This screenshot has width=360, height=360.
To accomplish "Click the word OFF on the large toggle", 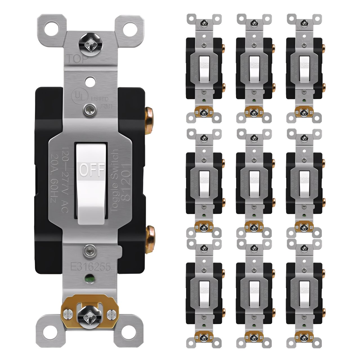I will pos(92,170).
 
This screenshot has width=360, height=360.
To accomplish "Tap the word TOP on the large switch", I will pos(77,59).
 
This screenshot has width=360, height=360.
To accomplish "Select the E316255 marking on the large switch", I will pos(90,267).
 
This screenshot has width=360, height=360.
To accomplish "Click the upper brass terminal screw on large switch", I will pos(149,120).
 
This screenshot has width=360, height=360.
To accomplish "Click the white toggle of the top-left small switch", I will pos(204,69).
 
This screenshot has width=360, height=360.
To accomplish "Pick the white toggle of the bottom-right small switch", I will pos(304,294).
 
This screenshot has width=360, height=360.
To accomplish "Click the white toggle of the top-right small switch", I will pos(304,69).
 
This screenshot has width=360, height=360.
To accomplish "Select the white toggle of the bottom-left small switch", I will pos(204,294).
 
